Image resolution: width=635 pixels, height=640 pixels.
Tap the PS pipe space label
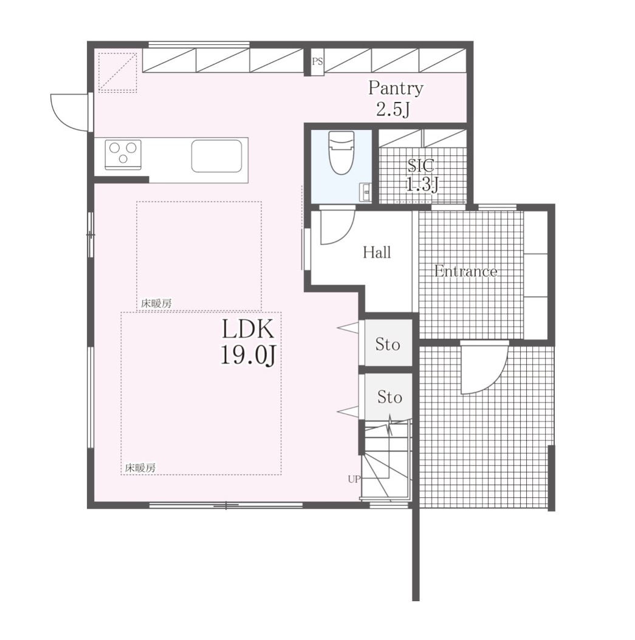coord(317,62)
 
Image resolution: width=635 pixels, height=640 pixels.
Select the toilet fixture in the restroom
coord(341,152)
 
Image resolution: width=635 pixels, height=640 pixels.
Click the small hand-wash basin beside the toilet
coord(365,192)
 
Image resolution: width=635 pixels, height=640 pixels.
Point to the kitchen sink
coord(216,156)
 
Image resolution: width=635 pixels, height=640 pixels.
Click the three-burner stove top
coord(123,154)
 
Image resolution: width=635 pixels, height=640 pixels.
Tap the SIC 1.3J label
coord(422,175)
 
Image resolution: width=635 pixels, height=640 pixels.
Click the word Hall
coord(377,253)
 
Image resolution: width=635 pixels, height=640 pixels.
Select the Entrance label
coord(465,271)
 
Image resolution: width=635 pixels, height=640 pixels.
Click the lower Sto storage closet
coord(388,397)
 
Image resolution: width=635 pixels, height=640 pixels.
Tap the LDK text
coord(247,329)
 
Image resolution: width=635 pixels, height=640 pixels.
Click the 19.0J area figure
coord(249,354)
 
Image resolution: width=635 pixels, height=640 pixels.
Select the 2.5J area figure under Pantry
coord(393,109)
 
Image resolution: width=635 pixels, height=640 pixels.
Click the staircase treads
coord(386,461)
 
